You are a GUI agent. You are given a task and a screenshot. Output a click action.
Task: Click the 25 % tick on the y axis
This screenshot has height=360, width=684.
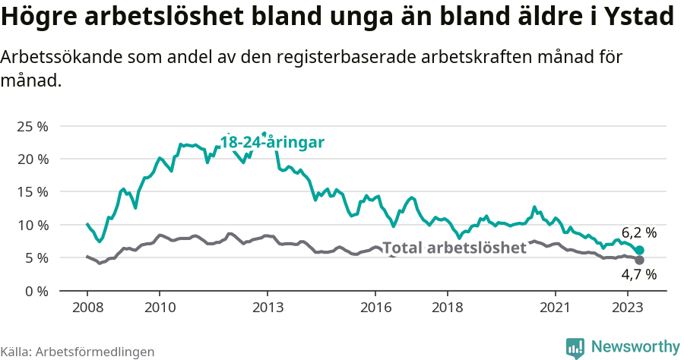(x=31, y=126)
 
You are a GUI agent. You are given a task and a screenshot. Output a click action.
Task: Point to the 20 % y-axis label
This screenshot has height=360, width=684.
(x=31, y=159)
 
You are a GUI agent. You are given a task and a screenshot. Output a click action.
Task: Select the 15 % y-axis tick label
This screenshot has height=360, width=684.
(x=31, y=192)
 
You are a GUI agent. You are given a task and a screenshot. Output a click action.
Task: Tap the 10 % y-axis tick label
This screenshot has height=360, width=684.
(x=31, y=225)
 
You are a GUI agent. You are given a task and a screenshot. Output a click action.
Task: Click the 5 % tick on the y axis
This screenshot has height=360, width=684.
(x=35, y=258)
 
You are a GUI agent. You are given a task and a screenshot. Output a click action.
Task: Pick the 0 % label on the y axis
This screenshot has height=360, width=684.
(x=35, y=291)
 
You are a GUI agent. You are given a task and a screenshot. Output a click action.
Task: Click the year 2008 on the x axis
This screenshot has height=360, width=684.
(x=87, y=308)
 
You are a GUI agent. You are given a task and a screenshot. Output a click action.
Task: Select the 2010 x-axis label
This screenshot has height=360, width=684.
(x=159, y=308)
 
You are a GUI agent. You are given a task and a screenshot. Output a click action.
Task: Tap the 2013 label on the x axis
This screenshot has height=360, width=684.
(x=267, y=308)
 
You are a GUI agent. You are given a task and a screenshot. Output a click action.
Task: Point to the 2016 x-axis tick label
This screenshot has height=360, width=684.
(x=375, y=308)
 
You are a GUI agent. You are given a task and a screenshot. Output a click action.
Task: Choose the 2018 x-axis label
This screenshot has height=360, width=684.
(x=447, y=308)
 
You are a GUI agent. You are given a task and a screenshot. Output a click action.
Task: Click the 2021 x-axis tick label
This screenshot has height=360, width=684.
(x=555, y=308)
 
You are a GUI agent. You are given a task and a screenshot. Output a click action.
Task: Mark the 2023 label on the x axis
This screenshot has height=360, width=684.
(x=627, y=308)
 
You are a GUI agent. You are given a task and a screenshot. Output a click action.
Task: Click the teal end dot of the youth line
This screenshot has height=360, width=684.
(x=640, y=251)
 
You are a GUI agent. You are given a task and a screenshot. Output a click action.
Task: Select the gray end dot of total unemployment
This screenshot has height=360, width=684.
(x=640, y=261)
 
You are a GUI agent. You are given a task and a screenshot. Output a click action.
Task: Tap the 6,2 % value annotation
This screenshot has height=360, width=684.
(x=638, y=233)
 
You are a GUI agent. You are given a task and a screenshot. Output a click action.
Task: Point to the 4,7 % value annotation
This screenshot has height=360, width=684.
(x=638, y=275)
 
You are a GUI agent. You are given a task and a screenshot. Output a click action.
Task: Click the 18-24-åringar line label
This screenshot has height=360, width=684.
(x=273, y=142)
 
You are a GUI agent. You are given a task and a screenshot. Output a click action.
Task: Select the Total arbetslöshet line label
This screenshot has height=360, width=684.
(x=454, y=248)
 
